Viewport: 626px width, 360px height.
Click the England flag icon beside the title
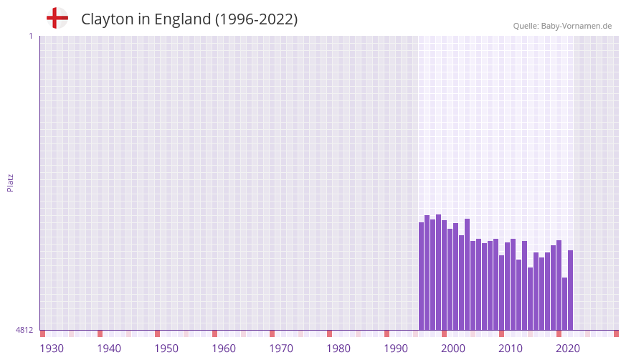pyautogui.click(x=57, y=18)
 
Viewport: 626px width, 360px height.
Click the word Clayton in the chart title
pyautogui.click(x=107, y=19)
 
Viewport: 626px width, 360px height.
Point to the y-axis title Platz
pyautogui.click(x=10, y=182)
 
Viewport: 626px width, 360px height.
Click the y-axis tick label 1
pyautogui.click(x=30, y=36)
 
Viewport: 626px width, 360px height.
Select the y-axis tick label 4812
pyautogui.click(x=24, y=330)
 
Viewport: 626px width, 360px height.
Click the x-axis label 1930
pyautogui.click(x=52, y=349)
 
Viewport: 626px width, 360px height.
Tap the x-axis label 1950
pyautogui.click(x=166, y=349)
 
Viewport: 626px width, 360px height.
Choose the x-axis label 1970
pyautogui.click(x=281, y=349)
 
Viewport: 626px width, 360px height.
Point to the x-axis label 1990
pyautogui.click(x=396, y=349)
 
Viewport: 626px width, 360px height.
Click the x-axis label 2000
pyautogui.click(x=453, y=349)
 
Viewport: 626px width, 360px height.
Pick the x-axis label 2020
pyautogui.click(x=568, y=349)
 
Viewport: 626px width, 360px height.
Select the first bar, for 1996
pyautogui.click(x=422, y=276)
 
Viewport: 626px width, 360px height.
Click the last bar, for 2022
pyautogui.click(x=571, y=290)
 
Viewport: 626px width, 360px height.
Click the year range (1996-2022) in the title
pyautogui.click(x=256, y=19)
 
